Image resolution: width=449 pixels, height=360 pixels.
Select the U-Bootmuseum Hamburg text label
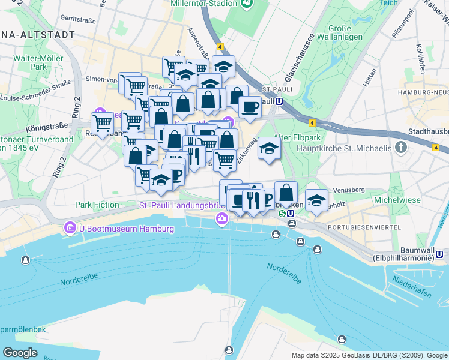tap(126, 229)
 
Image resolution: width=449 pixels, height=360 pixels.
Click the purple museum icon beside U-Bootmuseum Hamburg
tap(70, 229)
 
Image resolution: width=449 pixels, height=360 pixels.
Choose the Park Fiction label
tap(97, 205)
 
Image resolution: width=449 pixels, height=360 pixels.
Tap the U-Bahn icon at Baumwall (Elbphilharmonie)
tap(440, 254)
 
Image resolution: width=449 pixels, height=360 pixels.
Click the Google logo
tap(20, 352)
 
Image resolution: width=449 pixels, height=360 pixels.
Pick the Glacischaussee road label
tap(300, 58)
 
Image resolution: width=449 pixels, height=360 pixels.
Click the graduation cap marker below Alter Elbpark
tap(269, 148)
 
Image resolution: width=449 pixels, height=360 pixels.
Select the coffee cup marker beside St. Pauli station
tap(250, 107)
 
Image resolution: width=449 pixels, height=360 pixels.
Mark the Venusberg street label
tap(349, 190)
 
